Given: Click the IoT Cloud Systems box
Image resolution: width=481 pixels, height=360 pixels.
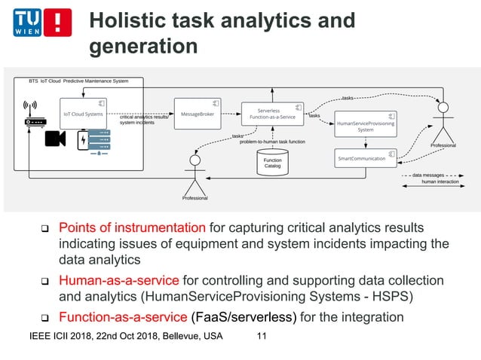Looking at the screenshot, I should pyautogui.click(x=83, y=114).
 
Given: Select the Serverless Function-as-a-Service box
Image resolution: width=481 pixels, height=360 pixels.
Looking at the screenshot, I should pyautogui.click(x=272, y=114).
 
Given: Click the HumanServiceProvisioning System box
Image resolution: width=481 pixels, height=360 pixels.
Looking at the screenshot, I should pyautogui.click(x=365, y=125).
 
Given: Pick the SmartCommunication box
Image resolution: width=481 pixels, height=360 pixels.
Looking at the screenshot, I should pyautogui.click(x=365, y=158).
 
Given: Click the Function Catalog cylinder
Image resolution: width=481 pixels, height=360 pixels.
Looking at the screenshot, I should pyautogui.click(x=272, y=162).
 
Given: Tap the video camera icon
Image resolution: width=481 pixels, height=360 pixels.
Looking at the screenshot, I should pyautogui.click(x=55, y=139).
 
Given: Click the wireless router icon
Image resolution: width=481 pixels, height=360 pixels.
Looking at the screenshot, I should pyautogui.click(x=32, y=114).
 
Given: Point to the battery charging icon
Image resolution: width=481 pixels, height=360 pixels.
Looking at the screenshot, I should pyautogui.click(x=81, y=142).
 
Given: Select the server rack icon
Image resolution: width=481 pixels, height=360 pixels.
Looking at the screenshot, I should pyautogui.click(x=100, y=142).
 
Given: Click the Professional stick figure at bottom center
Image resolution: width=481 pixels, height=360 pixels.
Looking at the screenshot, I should pyautogui.click(x=195, y=176).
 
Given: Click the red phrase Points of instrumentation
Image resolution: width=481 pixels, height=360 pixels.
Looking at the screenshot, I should pyautogui.click(x=132, y=227).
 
